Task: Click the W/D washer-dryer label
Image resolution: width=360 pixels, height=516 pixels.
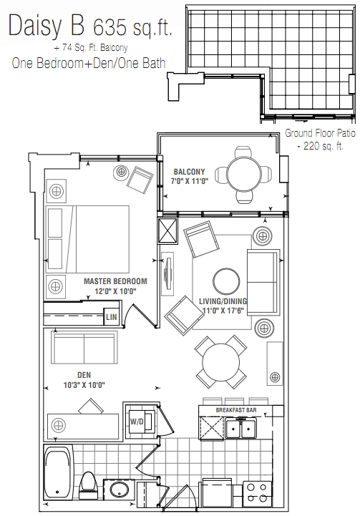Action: (137, 422)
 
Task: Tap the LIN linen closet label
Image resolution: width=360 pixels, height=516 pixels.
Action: (112, 317)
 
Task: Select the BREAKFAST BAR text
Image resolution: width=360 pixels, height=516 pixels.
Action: (236, 410)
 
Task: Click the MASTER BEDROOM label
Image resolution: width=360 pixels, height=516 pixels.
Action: (115, 281)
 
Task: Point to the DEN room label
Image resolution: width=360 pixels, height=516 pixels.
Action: (84, 375)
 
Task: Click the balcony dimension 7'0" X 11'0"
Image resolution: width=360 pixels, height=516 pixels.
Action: (189, 181)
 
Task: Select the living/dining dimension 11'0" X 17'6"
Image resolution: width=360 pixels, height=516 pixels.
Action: (223, 311)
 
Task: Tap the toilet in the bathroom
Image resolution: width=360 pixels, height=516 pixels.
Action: (88, 482)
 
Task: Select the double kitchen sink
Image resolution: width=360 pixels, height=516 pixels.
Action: (241, 429)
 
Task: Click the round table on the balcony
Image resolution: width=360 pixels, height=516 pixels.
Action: (244, 173)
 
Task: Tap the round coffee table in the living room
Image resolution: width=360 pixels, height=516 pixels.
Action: (226, 282)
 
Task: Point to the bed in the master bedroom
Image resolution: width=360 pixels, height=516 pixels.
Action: (87, 239)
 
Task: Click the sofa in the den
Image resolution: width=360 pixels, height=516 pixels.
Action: (84, 348)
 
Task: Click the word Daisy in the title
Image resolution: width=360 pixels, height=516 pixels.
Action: (35, 26)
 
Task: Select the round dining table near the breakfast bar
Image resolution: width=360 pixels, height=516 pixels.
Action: (221, 361)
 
